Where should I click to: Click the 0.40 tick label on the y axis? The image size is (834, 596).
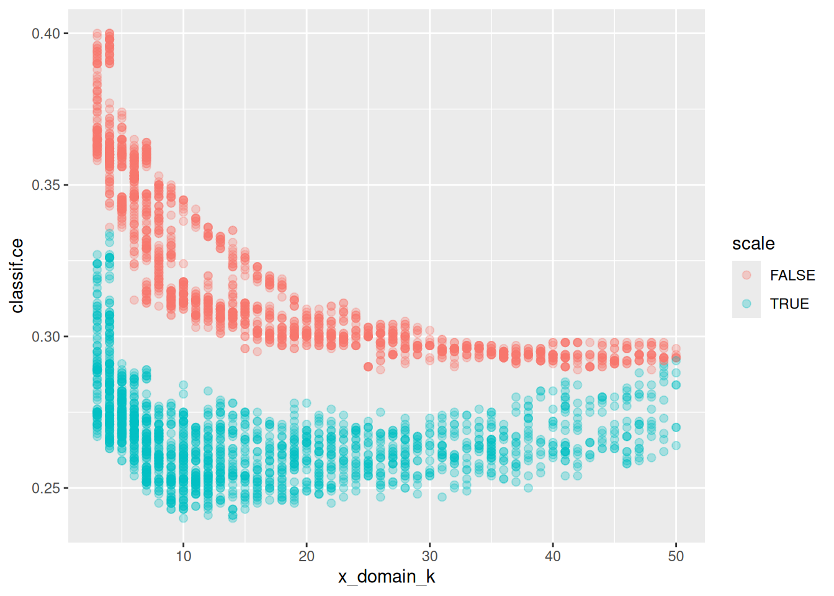[45, 34]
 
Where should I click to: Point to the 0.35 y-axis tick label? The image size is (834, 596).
[45, 185]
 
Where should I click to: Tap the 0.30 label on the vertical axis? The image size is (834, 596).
[45, 336]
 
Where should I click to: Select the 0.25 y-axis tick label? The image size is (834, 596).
[45, 488]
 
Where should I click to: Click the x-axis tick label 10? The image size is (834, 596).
[183, 556]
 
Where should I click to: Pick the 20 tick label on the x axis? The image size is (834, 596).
[307, 556]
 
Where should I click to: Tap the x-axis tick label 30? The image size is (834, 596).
[429, 556]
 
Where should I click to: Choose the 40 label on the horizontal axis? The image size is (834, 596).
[553, 556]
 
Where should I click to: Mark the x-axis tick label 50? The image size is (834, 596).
[676, 556]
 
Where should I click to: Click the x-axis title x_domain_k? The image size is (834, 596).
[386, 577]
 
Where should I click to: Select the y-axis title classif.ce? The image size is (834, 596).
[17, 276]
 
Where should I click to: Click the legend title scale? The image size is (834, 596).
[753, 244]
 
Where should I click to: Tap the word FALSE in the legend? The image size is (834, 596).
[792, 275]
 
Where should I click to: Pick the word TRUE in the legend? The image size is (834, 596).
[789, 304]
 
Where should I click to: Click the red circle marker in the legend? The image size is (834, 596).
[747, 275]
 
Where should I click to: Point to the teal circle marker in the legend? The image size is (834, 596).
[747, 304]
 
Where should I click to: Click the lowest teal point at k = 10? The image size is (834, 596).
[183, 518]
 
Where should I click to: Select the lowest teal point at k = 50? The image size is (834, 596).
[676, 445]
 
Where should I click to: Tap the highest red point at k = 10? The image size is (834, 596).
[183, 200]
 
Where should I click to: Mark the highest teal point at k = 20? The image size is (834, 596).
[307, 403]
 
